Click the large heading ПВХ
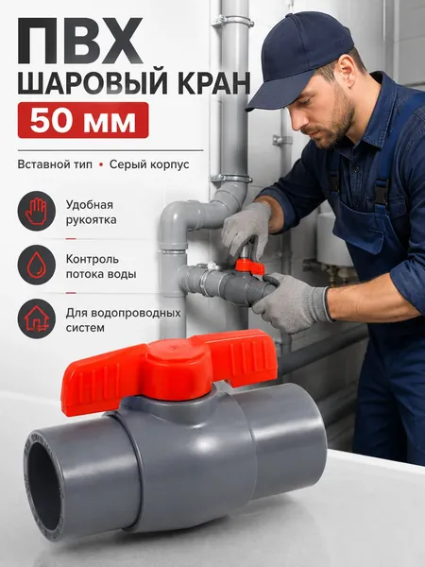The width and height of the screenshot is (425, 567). coord(80,41)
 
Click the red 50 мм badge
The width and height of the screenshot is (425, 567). coord(83,120)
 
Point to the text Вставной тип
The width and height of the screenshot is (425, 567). coord(55,164)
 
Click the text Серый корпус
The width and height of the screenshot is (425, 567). coord(149,164)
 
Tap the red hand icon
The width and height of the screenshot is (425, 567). coord(37,211)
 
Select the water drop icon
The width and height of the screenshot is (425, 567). coord(37,265)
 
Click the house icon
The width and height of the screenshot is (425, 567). coord(37,319)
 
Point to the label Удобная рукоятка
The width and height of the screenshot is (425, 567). coord(91,213)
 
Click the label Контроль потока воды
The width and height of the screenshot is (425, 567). coord(101,266)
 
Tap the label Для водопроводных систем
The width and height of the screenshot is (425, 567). coord(123,320)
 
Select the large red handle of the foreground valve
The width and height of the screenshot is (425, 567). coord(169,370)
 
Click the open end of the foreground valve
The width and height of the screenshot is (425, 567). coord(43,487)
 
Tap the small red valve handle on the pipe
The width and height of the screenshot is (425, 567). coord(249,266)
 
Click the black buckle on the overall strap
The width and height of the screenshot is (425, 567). coord(380,194)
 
